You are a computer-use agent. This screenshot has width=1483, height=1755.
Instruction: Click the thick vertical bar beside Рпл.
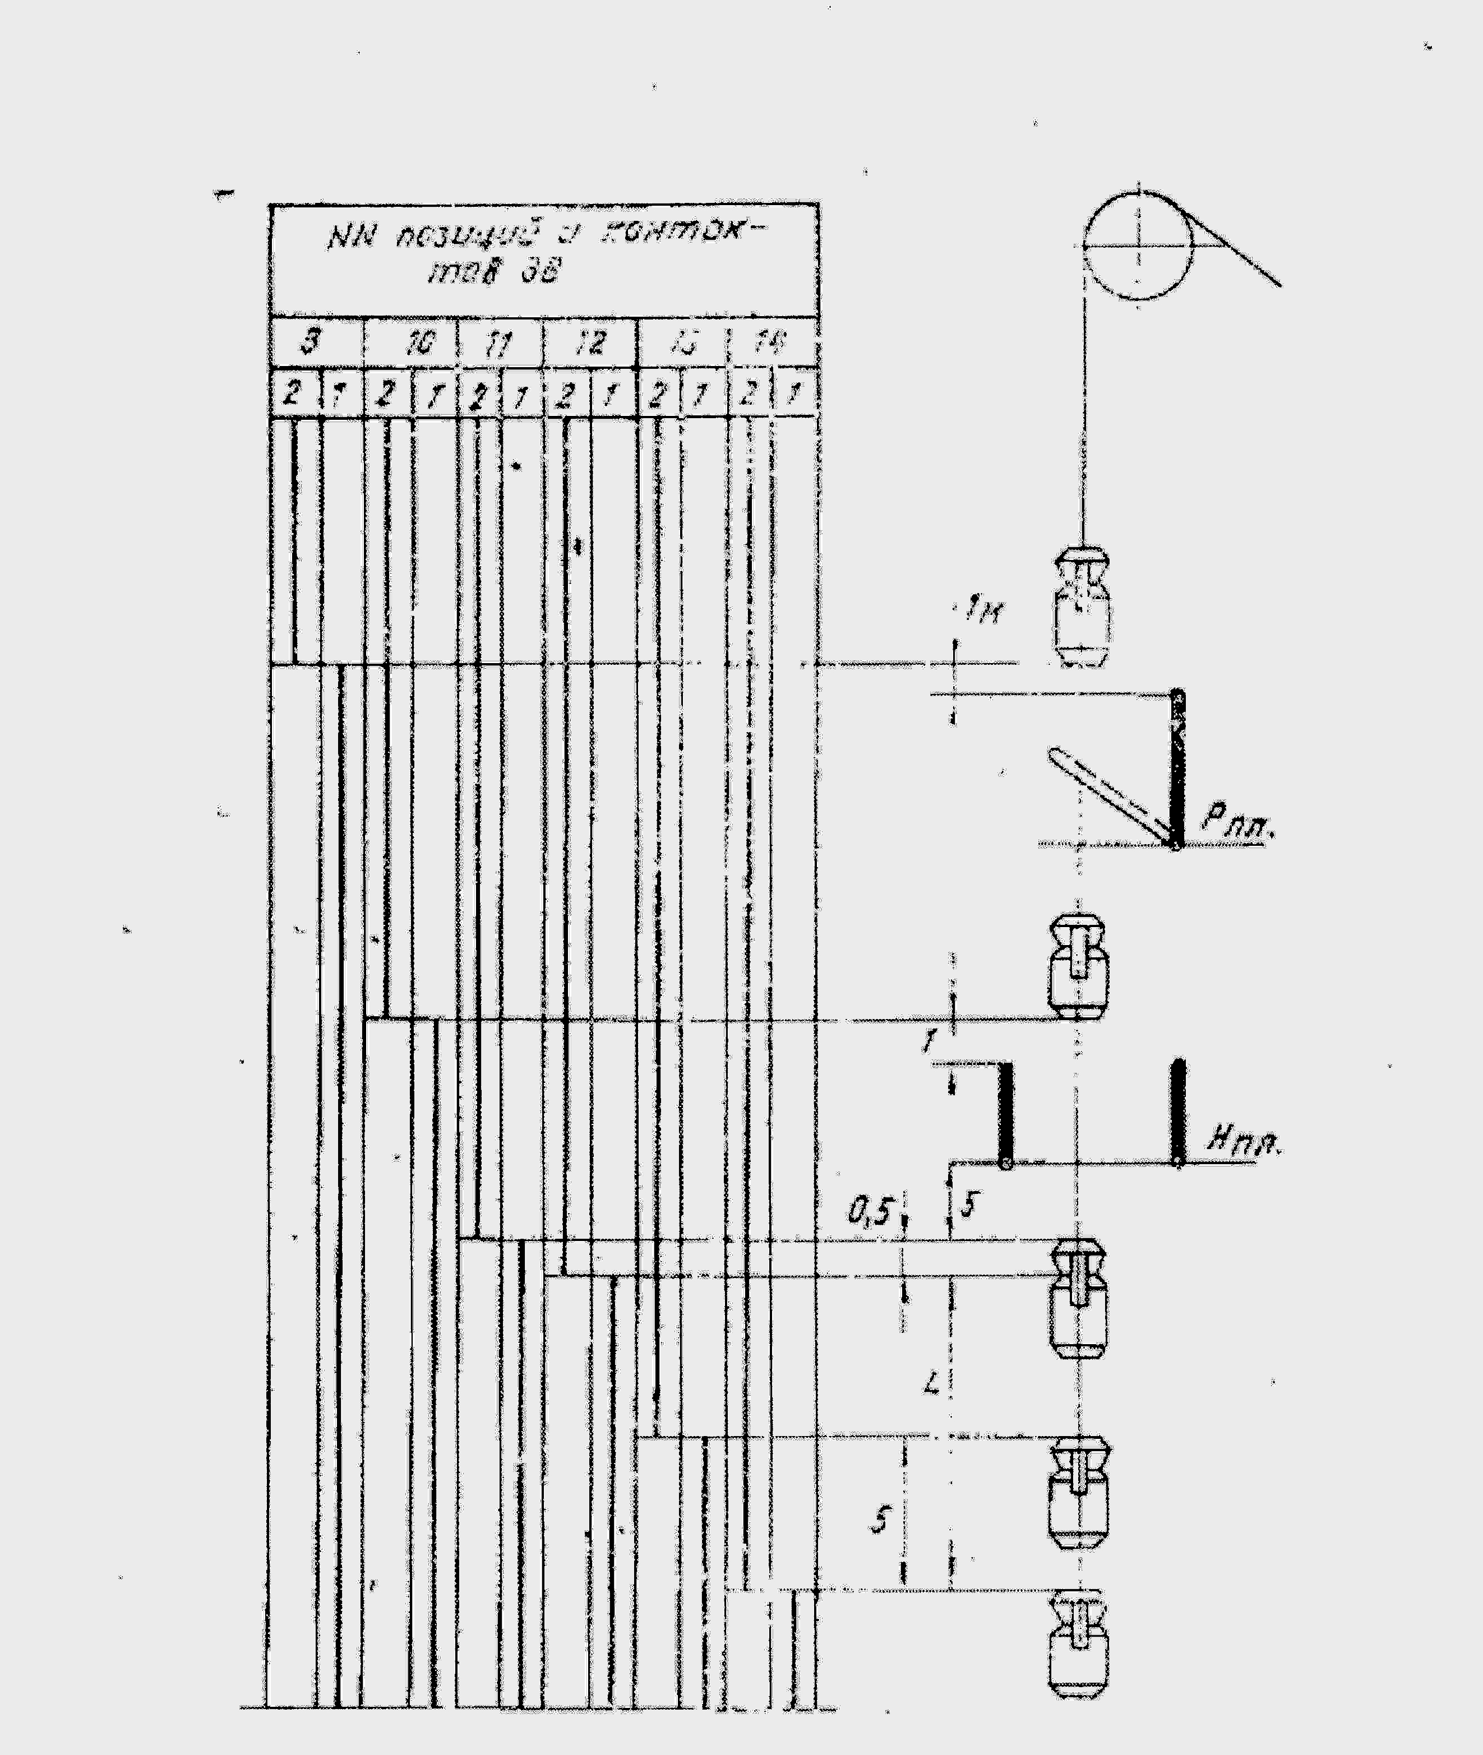click(x=1178, y=769)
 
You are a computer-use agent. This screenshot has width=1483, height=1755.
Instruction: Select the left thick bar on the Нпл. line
click(x=1005, y=1114)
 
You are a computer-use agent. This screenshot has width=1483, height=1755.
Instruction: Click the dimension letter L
click(x=931, y=1383)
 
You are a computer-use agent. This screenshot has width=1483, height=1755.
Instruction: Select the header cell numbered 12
click(x=591, y=343)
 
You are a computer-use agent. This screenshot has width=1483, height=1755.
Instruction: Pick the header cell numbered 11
click(x=500, y=344)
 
